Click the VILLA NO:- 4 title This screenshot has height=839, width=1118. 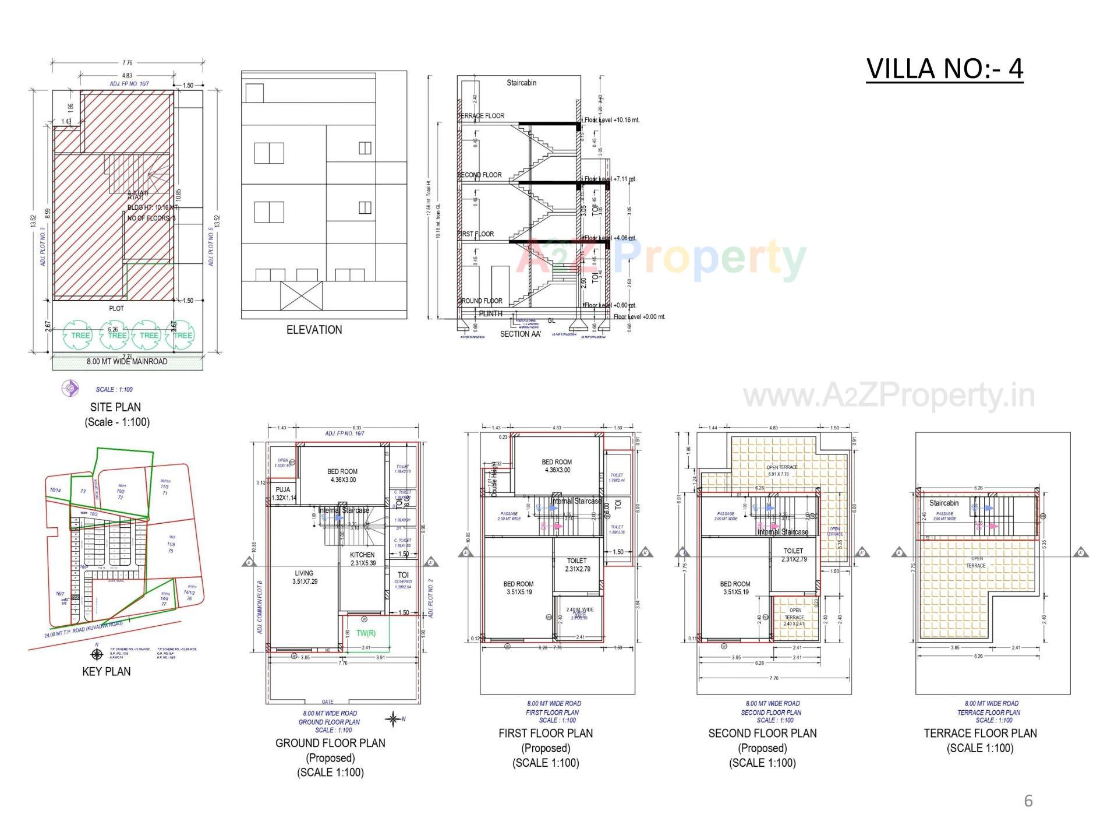point(944,69)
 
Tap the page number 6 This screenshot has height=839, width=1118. point(1028,801)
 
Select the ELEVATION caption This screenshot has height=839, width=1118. point(314,330)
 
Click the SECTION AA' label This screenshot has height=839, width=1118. point(520,334)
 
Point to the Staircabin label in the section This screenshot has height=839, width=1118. point(521,83)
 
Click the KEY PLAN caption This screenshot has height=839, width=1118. point(106,671)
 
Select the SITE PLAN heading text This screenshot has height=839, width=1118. point(115,407)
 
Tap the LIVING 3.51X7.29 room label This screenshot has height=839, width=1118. point(304,577)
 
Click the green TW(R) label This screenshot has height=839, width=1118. point(366,633)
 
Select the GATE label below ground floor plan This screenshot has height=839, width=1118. point(328,702)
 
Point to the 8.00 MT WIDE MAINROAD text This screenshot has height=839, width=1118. point(127,362)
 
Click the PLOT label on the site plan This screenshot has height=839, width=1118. point(116,308)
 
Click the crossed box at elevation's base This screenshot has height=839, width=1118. point(301,295)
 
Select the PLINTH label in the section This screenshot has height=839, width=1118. point(490,313)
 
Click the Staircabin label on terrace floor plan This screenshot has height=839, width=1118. point(944,503)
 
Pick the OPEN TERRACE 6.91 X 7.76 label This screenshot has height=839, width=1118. point(782,471)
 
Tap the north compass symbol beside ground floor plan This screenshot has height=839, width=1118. point(394,719)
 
